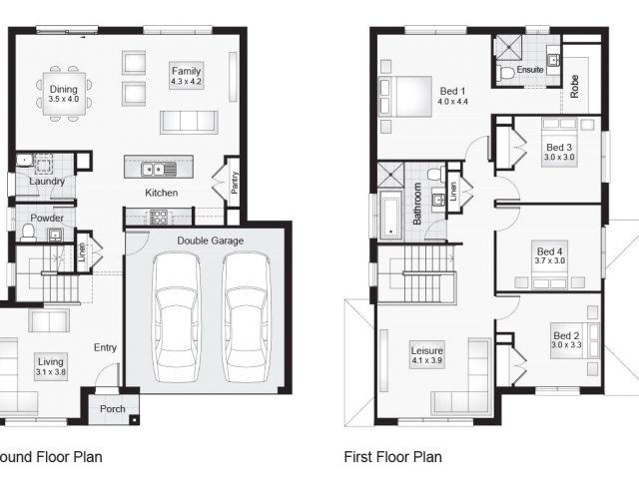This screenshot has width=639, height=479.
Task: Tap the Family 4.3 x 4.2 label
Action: [187, 76]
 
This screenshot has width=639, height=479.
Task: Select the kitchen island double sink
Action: [159, 169]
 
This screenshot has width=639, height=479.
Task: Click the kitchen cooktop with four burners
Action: [159, 217]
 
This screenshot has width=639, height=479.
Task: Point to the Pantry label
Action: [235, 182]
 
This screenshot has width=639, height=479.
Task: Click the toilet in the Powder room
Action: [28, 233]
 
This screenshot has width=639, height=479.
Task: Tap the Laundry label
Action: [47, 182]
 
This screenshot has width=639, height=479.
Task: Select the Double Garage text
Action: [211, 240]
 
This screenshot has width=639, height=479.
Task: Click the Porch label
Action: [113, 408]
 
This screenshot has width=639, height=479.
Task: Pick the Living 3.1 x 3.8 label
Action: [51, 366]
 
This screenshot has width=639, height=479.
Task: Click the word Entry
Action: [105, 347]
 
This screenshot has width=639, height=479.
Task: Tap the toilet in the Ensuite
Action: [506, 73]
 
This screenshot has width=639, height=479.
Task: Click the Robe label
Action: [575, 87]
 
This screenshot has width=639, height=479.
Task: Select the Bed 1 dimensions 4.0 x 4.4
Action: [452, 102]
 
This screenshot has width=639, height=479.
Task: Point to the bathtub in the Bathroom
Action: [390, 218]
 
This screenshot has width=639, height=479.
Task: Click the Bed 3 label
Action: [559, 148]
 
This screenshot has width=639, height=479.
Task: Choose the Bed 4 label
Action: [550, 251]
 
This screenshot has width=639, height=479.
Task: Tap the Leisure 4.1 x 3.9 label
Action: [426, 355]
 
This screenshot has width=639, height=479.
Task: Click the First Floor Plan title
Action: [392, 457]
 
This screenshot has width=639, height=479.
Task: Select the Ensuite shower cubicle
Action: [508, 47]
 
